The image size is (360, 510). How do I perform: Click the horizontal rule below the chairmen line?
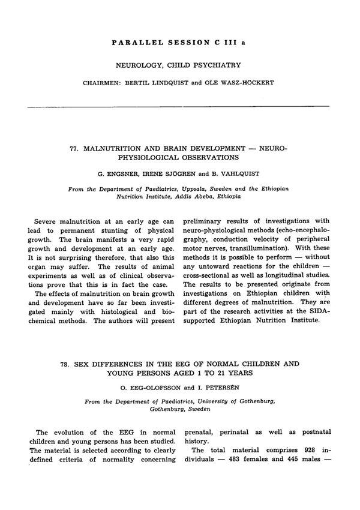coord(179,106)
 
